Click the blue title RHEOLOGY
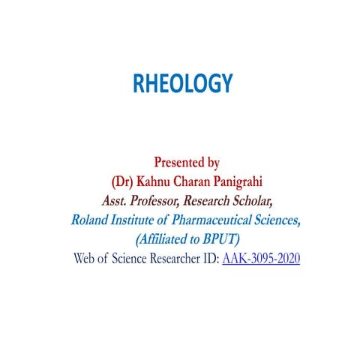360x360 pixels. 183,84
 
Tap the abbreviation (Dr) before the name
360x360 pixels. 121,181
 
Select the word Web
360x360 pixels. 87,259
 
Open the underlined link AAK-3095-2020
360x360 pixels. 261,259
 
